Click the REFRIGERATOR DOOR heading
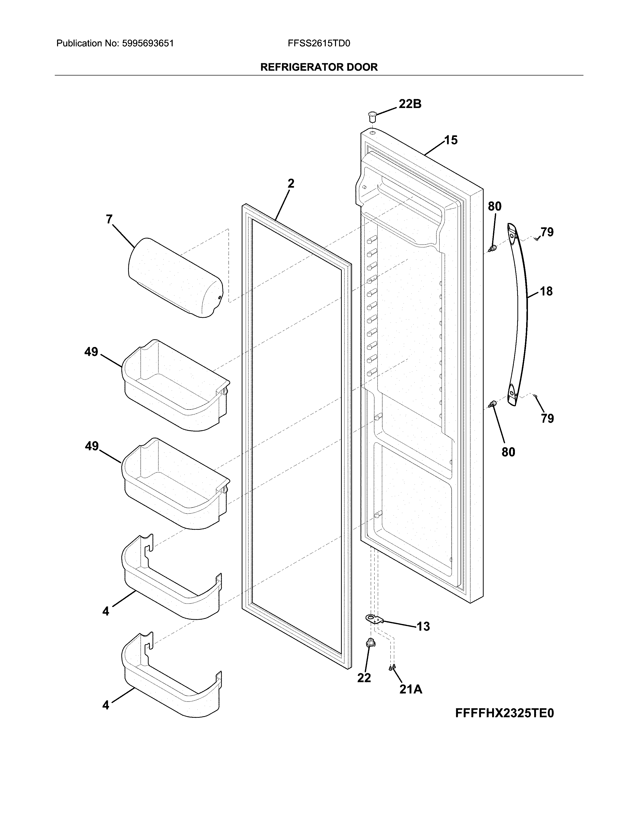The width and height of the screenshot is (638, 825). pyautogui.click(x=318, y=67)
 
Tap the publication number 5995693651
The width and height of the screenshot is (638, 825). pyautogui.click(x=148, y=43)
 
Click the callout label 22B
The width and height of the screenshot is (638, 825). pyautogui.click(x=410, y=104)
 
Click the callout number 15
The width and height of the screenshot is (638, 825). pyautogui.click(x=451, y=140)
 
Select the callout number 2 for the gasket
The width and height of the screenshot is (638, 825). pyautogui.click(x=291, y=183)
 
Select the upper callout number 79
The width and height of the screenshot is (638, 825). pyautogui.click(x=547, y=232)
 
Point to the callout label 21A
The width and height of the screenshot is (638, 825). pyautogui.click(x=411, y=689)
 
